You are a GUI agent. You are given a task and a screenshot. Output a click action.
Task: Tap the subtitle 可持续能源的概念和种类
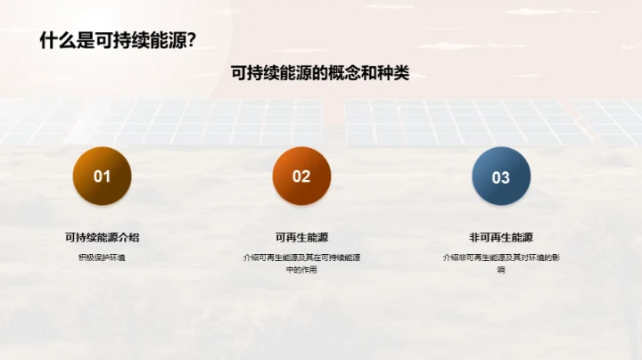(320, 73)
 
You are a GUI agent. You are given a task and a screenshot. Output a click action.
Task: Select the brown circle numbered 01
(103, 176)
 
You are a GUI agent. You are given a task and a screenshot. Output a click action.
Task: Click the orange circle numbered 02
(301, 176)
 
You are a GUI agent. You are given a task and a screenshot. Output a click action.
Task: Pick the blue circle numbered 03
(501, 176)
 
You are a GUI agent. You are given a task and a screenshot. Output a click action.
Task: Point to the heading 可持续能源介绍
(103, 237)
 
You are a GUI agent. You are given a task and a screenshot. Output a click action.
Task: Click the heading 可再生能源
(301, 237)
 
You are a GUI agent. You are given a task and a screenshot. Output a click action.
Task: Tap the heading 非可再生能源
(501, 237)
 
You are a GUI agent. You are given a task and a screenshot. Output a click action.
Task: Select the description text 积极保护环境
(103, 258)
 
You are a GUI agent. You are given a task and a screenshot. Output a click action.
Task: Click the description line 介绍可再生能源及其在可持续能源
(301, 258)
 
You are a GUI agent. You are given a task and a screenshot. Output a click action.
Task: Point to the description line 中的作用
(301, 269)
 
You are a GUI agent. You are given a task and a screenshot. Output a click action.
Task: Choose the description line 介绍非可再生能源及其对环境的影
(501, 258)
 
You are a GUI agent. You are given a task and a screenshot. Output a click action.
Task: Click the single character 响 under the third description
(501, 269)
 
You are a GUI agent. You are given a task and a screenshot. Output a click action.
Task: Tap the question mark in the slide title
(191, 41)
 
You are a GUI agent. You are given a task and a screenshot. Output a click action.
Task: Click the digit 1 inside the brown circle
(107, 176)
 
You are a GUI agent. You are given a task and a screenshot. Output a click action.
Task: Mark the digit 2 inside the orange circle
(307, 176)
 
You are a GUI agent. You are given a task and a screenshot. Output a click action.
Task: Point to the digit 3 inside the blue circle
(506, 177)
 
